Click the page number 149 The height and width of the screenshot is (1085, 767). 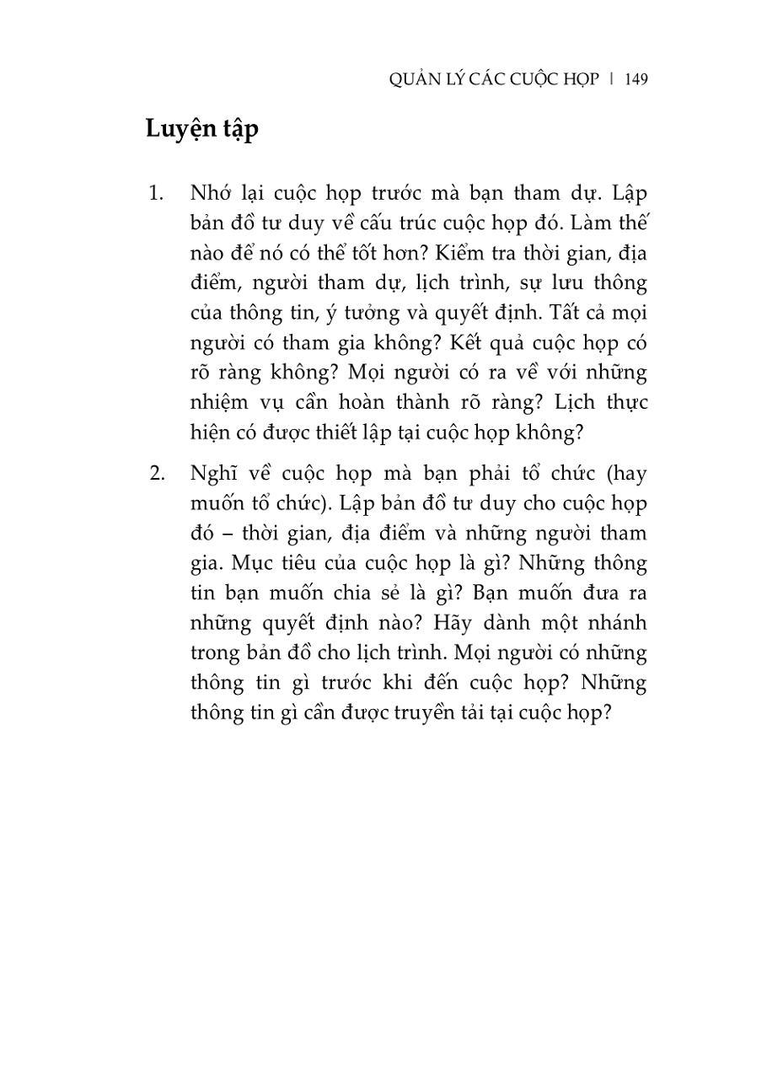pyautogui.click(x=636, y=79)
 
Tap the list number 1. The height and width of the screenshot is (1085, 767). pyautogui.click(x=155, y=193)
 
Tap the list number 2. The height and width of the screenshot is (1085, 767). pyautogui.click(x=156, y=473)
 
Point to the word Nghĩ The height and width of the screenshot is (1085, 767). pyautogui.click(x=216, y=473)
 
